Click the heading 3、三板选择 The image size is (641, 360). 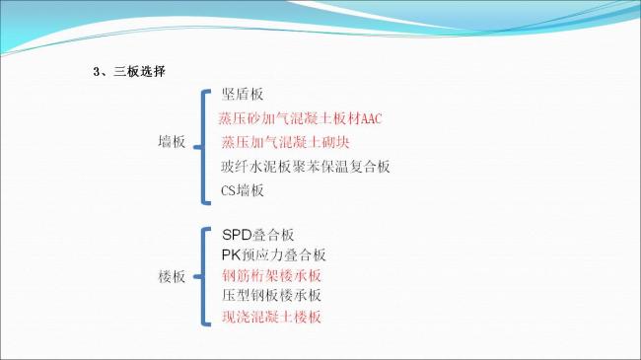point(128,71)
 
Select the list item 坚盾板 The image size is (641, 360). point(243,96)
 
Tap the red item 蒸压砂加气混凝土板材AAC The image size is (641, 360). point(299,119)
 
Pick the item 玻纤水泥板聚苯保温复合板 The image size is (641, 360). point(306,166)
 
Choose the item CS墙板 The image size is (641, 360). point(243,189)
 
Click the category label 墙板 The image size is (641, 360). point(172,142)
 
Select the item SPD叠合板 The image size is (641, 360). point(258,235)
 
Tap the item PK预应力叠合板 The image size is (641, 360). point(274,254)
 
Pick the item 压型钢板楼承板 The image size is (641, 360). point(271,296)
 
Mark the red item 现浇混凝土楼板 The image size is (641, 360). point(271,317)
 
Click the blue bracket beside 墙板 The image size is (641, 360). point(203,143)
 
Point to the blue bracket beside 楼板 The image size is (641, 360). point(203,276)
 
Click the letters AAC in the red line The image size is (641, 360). point(371,119)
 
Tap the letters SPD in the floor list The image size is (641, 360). point(237,235)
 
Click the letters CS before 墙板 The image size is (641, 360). point(229,189)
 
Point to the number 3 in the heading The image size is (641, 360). point(96,71)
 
